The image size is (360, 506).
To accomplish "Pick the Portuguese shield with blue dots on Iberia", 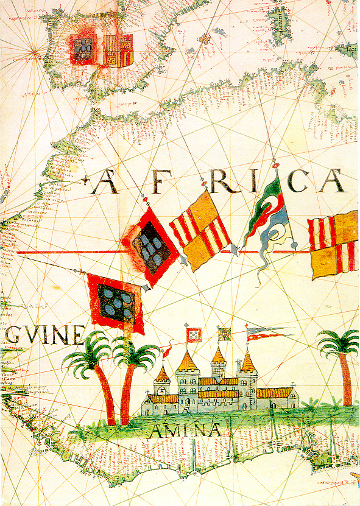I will [x=82, y=48].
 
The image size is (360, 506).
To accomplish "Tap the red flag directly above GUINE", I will [x=115, y=302].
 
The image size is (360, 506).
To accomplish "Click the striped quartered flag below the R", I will [x=200, y=231].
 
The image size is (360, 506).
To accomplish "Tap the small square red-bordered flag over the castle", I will [x=194, y=334].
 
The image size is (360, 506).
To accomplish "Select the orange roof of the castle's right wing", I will [x=275, y=393].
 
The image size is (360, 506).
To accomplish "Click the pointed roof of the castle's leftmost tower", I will [x=162, y=373].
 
